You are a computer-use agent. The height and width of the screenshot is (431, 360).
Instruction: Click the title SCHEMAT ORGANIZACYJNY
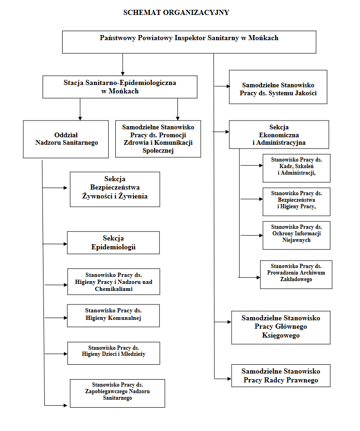[x=176, y=13]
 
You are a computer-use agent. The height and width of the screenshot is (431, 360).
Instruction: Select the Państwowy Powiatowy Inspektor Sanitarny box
[x=189, y=42]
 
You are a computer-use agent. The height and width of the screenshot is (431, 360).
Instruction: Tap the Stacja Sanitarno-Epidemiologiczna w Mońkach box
[x=120, y=87]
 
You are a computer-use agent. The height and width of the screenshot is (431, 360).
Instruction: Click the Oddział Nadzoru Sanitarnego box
[x=66, y=139]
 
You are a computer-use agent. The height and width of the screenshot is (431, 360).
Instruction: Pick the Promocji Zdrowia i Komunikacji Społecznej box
[x=158, y=139]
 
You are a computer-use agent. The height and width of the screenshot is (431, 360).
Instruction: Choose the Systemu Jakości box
[x=278, y=87]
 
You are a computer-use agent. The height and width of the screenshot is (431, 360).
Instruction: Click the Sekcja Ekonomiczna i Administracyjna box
[x=279, y=135]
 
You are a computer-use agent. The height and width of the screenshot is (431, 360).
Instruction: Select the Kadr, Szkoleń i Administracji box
[x=296, y=168]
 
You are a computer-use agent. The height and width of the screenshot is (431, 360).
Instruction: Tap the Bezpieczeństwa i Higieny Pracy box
[x=296, y=201]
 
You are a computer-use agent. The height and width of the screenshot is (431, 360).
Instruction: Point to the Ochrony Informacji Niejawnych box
[x=296, y=235]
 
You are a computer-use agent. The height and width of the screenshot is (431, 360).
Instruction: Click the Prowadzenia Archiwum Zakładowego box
[x=296, y=274]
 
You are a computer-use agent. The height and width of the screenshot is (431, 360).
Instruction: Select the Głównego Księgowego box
[x=281, y=327]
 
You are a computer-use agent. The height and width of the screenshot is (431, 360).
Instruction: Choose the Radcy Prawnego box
[x=281, y=375]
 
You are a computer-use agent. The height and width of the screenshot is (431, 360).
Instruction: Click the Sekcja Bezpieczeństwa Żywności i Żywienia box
[x=115, y=189]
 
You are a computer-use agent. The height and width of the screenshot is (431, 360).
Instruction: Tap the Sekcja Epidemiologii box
[x=113, y=242]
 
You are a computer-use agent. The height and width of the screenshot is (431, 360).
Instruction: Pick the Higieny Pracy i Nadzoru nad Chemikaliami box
[x=113, y=281]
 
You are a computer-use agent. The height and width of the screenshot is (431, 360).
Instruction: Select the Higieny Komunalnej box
[x=113, y=315]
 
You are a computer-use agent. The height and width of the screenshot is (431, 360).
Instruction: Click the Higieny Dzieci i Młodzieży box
[x=113, y=353]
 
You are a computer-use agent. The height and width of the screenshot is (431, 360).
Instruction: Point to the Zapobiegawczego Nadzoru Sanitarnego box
[x=117, y=393]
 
